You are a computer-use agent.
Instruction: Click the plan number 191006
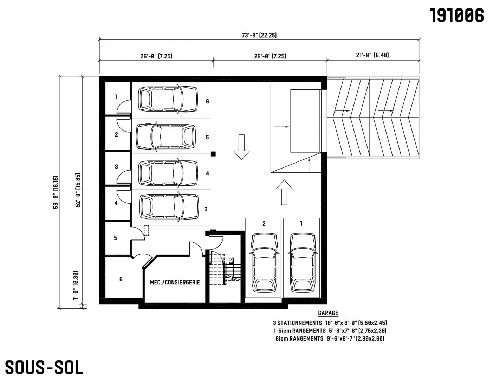pos(457,15)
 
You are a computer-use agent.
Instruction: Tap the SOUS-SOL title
pos(44,367)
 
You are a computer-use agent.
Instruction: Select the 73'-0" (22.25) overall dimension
pos(259,35)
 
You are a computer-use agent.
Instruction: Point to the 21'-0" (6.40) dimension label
pos(372,55)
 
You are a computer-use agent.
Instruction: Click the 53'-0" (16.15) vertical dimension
pos(56,192)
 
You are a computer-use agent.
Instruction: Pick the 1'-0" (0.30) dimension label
pos(76,285)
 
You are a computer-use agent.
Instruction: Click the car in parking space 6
pos(168,99)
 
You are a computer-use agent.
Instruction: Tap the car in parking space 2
pos(264,263)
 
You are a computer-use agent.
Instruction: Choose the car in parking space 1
pos(303,263)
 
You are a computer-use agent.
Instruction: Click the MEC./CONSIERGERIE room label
pos(175,282)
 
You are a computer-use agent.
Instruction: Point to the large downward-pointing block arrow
pos(241,147)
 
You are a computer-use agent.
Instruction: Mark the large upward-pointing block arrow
pos(284,192)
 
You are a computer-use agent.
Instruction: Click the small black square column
pos(213,154)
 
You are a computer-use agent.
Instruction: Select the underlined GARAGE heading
pos(328,313)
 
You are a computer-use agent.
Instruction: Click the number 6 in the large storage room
pos(121,279)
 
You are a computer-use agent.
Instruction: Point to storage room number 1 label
pos(116,97)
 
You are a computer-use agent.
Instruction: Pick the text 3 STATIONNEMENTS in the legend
pos(297,323)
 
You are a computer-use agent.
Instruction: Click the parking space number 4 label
pos(207,173)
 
